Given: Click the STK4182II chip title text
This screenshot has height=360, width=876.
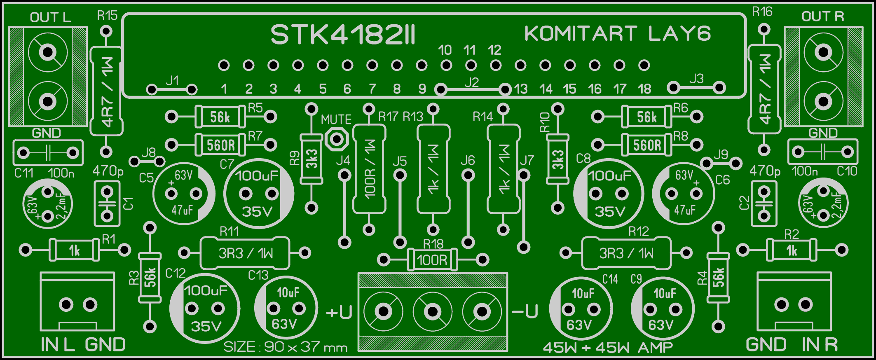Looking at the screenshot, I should pyautogui.click(x=343, y=35).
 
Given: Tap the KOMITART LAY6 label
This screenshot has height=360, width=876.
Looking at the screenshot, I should pyautogui.click(x=617, y=34).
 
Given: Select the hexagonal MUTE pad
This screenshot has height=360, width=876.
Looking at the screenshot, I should pyautogui.click(x=337, y=139).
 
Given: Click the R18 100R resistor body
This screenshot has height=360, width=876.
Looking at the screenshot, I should pyautogui.click(x=432, y=260).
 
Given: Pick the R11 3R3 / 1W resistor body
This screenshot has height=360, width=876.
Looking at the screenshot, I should pyautogui.click(x=245, y=253).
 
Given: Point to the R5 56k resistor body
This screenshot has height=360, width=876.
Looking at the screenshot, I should pyautogui.click(x=220, y=117).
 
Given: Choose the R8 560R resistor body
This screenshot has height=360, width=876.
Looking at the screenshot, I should pyautogui.click(x=646, y=145).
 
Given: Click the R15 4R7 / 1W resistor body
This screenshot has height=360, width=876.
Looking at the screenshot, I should pyautogui.click(x=106, y=91).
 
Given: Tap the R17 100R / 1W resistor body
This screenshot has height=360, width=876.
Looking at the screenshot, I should pyautogui.click(x=369, y=169).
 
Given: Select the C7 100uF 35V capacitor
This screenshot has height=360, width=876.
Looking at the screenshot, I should pyautogui.click(x=258, y=194).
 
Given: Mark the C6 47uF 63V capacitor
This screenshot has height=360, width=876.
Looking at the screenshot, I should pyautogui.click(x=684, y=194).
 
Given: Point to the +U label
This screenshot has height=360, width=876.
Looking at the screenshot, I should pyautogui.click(x=339, y=313).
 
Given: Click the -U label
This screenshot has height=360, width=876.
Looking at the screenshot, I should pyautogui.click(x=525, y=312).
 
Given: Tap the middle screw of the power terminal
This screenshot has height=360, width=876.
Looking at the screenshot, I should pyautogui.click(x=432, y=311).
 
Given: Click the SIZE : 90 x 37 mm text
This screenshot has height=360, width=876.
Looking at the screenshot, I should pyautogui.click(x=285, y=347).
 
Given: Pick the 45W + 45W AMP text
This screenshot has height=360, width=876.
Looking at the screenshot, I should pyautogui.click(x=607, y=348).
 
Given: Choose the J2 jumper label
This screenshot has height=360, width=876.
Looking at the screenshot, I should pyautogui.click(x=471, y=82).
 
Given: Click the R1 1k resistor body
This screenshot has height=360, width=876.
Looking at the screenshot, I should pyautogui.click(x=74, y=250).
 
